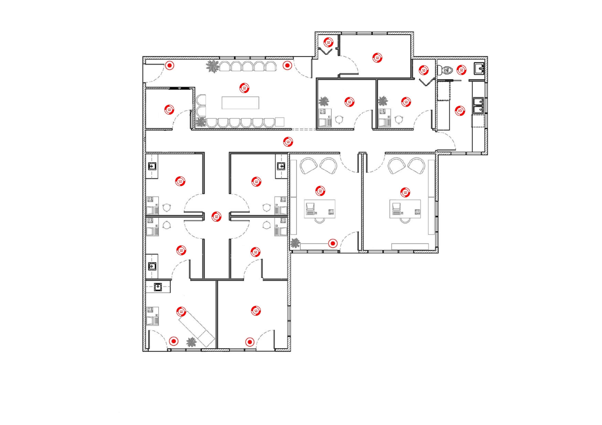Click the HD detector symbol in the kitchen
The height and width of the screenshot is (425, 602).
[460, 111]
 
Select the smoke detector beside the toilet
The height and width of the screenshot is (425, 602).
[461, 69]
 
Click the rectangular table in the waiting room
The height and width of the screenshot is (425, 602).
[240, 102]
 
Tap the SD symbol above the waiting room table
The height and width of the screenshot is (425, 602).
[244, 88]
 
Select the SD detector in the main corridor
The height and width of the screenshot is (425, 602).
[288, 142]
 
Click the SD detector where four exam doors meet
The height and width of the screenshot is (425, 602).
[216, 217]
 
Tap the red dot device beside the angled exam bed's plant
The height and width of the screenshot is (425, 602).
[173, 341]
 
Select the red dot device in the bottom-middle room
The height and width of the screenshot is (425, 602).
[249, 342]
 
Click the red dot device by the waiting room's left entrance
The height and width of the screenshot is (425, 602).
[170, 66]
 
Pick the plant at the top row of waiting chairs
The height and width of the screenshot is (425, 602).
[212, 66]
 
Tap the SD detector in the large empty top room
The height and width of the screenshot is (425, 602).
[377, 58]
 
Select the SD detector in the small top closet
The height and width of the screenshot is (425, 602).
[328, 42]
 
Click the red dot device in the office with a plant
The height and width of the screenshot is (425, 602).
[333, 244]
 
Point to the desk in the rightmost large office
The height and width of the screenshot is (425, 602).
[405, 209]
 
